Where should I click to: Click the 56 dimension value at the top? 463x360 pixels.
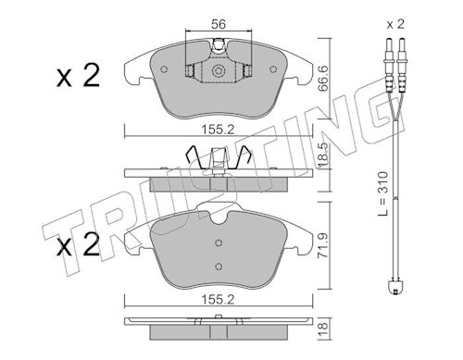219,24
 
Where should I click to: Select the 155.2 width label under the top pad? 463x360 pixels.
218,130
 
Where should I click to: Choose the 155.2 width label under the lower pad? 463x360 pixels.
218,300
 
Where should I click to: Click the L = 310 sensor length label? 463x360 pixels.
382,193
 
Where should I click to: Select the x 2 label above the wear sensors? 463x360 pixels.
395,24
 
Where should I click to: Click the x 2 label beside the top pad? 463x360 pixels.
79,75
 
